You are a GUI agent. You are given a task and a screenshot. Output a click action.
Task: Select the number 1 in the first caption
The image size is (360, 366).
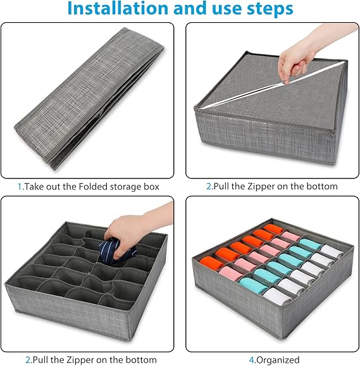click(20, 187)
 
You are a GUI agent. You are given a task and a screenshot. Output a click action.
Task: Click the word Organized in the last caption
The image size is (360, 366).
click(278, 360)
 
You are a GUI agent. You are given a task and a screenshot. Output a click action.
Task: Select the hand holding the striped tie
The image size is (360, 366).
click(130, 231)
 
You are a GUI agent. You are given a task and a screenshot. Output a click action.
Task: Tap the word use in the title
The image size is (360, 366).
click(228, 9)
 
